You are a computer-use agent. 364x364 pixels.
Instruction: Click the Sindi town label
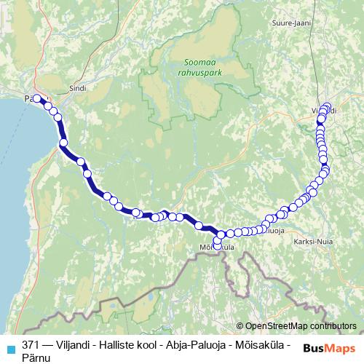tap(77, 88)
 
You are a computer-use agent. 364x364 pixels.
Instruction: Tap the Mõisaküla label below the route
tap(217, 248)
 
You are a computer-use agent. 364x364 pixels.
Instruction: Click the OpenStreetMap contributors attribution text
tap(301, 325)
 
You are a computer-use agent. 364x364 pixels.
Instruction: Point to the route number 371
tap(31, 342)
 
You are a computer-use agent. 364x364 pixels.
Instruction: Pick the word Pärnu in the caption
tap(36, 355)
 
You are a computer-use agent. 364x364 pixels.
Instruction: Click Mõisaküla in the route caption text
tap(263, 342)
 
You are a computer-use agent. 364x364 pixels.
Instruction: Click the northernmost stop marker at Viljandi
tap(327, 106)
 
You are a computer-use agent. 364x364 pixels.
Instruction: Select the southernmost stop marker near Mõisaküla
tap(217, 242)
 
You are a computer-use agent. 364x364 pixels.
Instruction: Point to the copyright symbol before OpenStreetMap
tap(240, 325)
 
